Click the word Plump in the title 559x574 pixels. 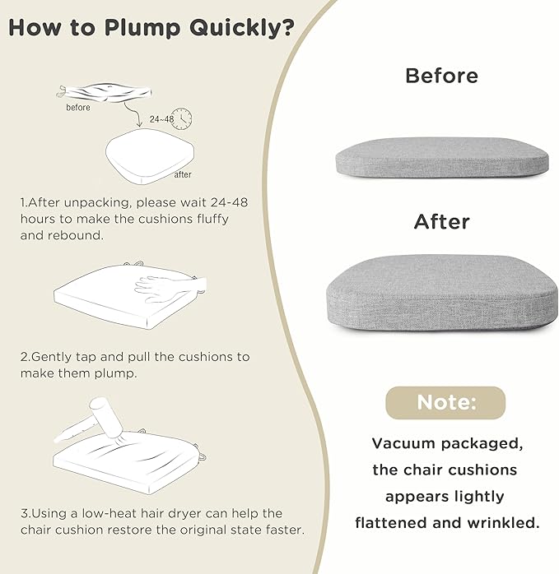[x=142, y=29]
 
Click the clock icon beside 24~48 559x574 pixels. [x=182, y=118]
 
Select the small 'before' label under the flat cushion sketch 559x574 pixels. [x=78, y=107]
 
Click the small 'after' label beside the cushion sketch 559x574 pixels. [x=183, y=174]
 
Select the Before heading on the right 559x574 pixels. [x=441, y=76]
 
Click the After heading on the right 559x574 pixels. [x=442, y=222]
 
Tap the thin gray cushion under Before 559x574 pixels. [x=442, y=158]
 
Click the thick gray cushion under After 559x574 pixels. [x=442, y=293]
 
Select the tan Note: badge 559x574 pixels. [x=445, y=402]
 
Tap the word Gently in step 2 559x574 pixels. [x=51, y=358]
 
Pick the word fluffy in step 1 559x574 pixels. [x=212, y=220]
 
